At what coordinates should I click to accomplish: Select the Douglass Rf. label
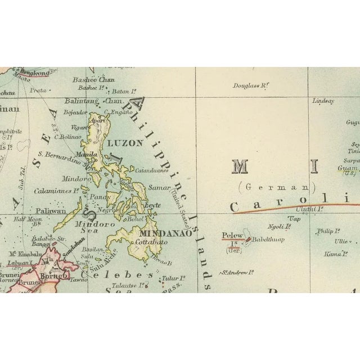(251, 85)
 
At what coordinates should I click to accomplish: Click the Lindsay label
(323, 101)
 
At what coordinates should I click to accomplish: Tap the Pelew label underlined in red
(232, 235)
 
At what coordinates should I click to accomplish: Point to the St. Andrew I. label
(235, 273)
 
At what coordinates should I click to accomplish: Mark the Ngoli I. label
(280, 227)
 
